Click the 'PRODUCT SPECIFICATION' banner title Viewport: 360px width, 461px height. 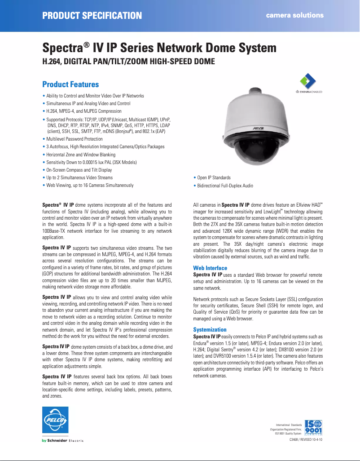click(x=92, y=16)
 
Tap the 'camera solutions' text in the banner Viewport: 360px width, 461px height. click(x=294, y=15)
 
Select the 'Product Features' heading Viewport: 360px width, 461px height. click(x=70, y=84)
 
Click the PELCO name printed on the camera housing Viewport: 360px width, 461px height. click(x=257, y=129)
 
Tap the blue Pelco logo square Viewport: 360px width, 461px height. click(x=55, y=421)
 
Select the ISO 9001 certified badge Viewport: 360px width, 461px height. click(x=316, y=428)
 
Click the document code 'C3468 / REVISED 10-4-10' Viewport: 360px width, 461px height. click(x=303, y=440)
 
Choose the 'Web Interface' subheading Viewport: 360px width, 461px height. click(x=210, y=268)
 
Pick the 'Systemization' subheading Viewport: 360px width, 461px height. click(x=210, y=330)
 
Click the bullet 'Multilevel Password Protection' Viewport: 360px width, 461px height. click(x=75, y=139)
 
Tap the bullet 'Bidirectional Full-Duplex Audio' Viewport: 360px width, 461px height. click(x=225, y=186)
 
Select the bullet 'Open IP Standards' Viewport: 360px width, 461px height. click(x=214, y=178)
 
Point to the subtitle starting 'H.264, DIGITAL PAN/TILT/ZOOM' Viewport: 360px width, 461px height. click(x=128, y=61)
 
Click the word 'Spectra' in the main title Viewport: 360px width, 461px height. click(x=63, y=48)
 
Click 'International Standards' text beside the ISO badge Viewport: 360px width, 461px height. click(x=289, y=425)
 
